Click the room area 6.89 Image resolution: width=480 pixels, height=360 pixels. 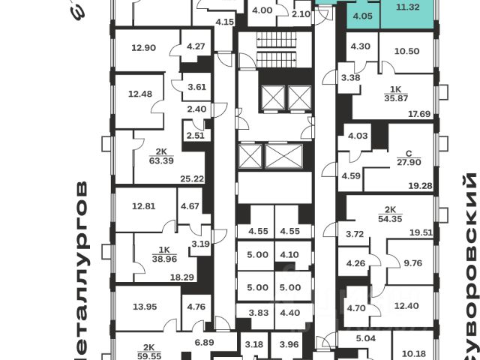[205, 342]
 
